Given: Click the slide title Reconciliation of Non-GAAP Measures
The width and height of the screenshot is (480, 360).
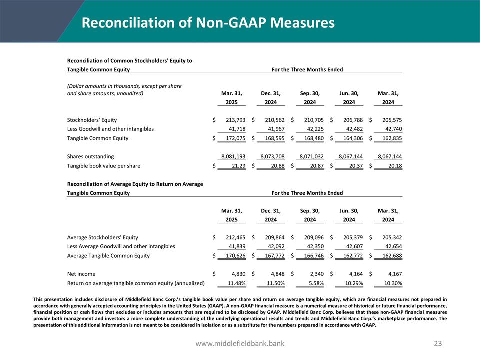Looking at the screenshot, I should [208, 23].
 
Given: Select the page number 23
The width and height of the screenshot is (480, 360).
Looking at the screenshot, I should [438, 344].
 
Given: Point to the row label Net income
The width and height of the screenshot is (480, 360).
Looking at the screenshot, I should [81, 274].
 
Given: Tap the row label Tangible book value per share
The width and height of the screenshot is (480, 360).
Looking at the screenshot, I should [103, 166].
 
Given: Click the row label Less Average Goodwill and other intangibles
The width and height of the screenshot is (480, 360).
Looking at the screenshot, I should [121, 246].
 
